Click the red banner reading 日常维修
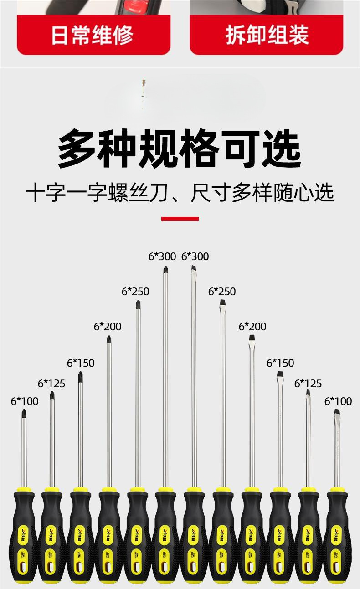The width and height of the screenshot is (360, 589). (93, 36)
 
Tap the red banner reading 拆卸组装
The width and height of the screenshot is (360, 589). (266, 36)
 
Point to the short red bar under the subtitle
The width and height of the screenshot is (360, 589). (180, 219)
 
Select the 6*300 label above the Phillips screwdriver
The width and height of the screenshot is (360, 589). (162, 256)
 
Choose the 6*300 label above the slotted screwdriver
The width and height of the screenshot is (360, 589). (195, 256)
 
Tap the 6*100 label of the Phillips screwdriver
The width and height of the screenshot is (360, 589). (25, 401)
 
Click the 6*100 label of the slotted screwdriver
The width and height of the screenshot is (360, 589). (338, 401)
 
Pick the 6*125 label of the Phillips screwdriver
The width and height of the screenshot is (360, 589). (51, 384)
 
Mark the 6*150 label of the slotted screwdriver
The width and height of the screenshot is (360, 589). (280, 363)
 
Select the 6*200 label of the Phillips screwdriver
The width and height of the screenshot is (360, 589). (108, 327)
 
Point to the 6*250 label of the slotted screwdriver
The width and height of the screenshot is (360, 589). (222, 292)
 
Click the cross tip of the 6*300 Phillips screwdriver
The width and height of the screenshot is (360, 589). (165, 270)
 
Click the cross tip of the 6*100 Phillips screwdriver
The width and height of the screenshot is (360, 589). (24, 414)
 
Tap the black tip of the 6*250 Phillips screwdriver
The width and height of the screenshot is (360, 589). (138, 305)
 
